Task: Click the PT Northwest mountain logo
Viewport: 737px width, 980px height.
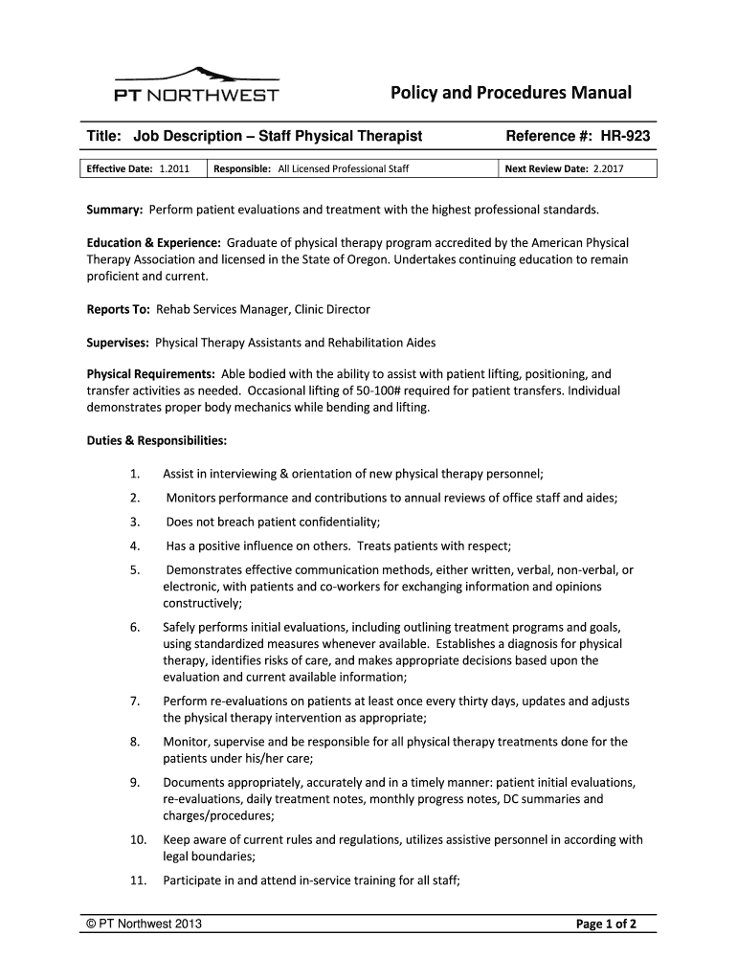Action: click(196, 84)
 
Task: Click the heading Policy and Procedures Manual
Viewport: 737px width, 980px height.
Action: click(510, 93)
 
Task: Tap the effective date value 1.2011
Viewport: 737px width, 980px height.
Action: click(174, 169)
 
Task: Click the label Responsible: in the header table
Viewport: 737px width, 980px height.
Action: click(243, 169)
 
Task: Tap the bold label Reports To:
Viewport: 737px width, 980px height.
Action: click(113, 309)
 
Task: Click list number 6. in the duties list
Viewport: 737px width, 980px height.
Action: click(136, 627)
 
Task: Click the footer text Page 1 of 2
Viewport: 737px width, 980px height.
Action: click(613, 924)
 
